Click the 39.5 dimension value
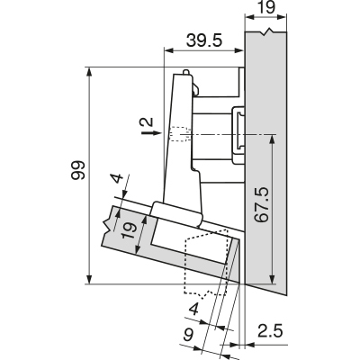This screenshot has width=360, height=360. pyautogui.click(x=204, y=40)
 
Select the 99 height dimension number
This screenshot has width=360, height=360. pyautogui.click(x=78, y=170)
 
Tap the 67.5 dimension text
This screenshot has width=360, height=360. pyautogui.click(x=261, y=205)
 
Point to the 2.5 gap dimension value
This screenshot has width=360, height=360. pyautogui.click(x=270, y=331)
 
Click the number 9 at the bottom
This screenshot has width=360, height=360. pyautogui.click(x=188, y=335)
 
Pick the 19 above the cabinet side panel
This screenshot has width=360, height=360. pyautogui.click(x=266, y=7)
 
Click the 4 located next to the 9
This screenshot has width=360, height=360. pyautogui.click(x=194, y=310)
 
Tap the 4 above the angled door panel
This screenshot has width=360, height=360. pyautogui.click(x=118, y=178)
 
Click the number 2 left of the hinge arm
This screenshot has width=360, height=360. pyautogui.click(x=147, y=122)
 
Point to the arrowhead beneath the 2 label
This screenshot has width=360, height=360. pyautogui.click(x=158, y=133)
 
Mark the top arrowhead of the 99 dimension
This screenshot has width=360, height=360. pyautogui.click(x=89, y=72)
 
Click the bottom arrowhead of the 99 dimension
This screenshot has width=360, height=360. pyautogui.click(x=89, y=279)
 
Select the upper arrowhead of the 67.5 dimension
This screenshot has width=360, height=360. pyautogui.click(x=272, y=139)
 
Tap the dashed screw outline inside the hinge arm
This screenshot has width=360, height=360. pyautogui.click(x=180, y=134)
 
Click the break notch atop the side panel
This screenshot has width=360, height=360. pyautogui.click(x=266, y=31)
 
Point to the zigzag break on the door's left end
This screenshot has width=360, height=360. pyautogui.click(x=107, y=227)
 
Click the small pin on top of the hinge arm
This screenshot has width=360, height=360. pyautogui.click(x=186, y=72)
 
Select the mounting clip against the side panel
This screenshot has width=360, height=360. pyautogui.click(x=238, y=134)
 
